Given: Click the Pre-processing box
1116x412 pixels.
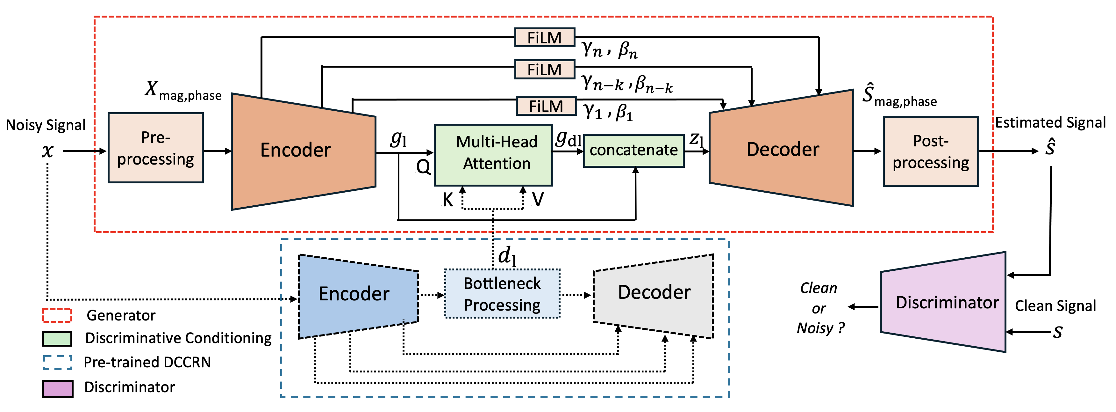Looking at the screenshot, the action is [155, 148].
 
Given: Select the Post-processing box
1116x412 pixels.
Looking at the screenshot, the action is [931, 151].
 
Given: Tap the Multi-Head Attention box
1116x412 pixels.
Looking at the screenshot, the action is [493, 155].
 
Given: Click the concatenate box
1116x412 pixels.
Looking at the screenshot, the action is [634, 151].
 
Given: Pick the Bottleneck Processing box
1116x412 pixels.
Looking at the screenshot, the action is [503, 294].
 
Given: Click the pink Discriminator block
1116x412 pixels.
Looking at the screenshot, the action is [943, 302].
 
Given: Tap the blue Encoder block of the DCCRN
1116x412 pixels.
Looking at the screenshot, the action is [358, 296].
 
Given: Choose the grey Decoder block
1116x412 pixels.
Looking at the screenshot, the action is [653, 296].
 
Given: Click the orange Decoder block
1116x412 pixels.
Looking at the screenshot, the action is [782, 148].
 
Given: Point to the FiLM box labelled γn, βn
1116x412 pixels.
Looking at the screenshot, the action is [545, 38].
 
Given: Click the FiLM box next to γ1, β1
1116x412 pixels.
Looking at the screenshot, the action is [546, 106].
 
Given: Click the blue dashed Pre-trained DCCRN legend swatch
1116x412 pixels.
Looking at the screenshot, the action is [58, 363].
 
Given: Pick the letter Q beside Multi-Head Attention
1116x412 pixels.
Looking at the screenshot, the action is [423, 166].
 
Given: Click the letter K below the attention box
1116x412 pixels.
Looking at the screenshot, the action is [447, 200].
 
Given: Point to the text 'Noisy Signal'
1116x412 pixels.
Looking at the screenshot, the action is [46, 125].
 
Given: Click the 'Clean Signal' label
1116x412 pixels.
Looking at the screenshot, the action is [1055, 306].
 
